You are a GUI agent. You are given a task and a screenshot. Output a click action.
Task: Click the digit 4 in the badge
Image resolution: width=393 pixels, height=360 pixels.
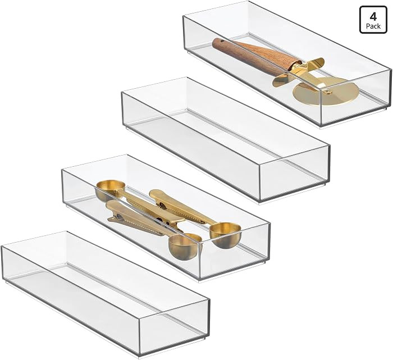pos(373,17)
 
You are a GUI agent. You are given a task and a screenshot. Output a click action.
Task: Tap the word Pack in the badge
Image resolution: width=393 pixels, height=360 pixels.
pos(373,26)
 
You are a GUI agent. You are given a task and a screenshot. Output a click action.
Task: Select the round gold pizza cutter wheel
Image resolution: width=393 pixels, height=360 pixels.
pos(326,90)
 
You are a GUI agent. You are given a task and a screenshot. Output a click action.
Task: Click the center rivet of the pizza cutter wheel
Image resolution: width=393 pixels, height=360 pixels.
pos(326,89)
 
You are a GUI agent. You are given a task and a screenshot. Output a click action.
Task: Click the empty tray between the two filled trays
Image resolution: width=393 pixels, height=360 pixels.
pos(226,140)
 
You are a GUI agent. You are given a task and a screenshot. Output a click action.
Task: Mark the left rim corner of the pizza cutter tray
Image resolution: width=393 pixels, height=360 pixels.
pos(184,16)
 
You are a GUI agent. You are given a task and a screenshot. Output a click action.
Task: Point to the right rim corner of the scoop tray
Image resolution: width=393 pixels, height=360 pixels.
pos(269,222)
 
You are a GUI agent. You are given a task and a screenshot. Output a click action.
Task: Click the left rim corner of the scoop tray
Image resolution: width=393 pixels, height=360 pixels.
pos(62,169)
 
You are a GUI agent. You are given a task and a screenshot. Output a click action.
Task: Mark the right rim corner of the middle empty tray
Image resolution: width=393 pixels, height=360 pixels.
pos(330,146)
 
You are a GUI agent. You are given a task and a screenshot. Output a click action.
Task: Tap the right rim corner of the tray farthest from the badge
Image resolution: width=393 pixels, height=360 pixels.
pos(209,299)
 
